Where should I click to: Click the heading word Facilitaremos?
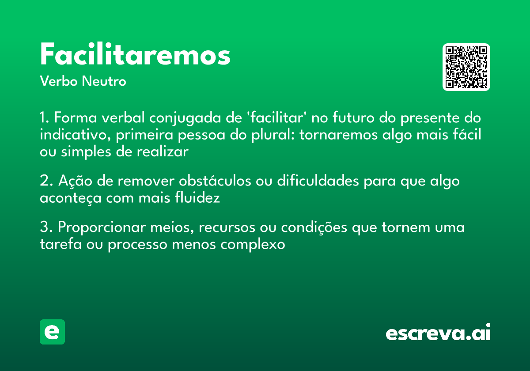click(135, 55)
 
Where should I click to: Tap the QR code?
click(466, 67)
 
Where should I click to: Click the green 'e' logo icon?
click(52, 332)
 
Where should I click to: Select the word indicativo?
click(75, 135)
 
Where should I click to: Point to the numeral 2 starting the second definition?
click(43, 182)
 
